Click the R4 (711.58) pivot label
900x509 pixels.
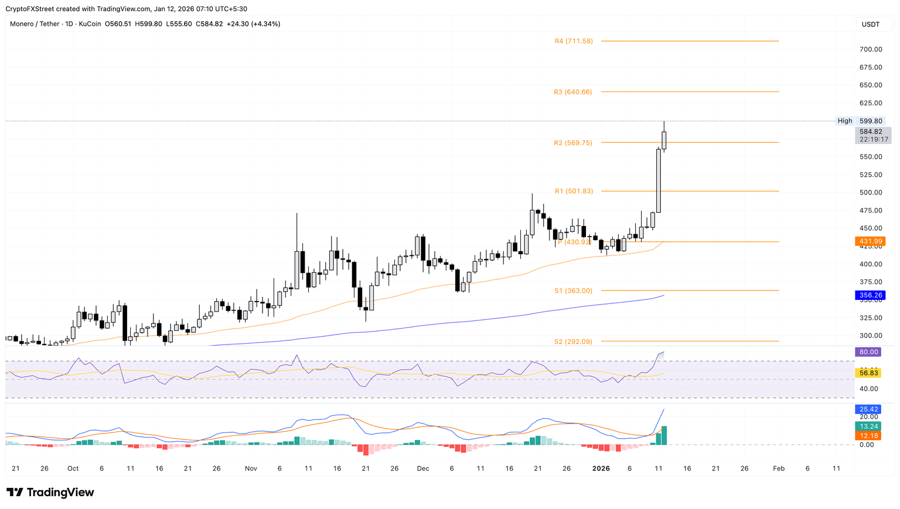pyautogui.click(x=574, y=41)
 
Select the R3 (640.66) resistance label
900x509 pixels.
pyautogui.click(x=572, y=92)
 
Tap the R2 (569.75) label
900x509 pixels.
pyautogui.click(x=572, y=143)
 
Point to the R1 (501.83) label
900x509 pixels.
pyautogui.click(x=574, y=192)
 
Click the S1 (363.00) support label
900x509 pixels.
pyautogui.click(x=573, y=291)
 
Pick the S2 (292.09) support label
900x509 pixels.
pyautogui.click(x=573, y=341)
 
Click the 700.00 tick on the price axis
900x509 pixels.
pyautogui.click(x=871, y=49)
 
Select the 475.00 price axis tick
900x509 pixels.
pyautogui.click(x=871, y=210)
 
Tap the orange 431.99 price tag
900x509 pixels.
pyautogui.click(x=870, y=241)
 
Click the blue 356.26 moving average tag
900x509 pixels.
pyautogui.click(x=870, y=295)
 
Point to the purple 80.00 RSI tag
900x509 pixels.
pyautogui.click(x=868, y=352)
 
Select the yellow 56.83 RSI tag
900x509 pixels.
pyautogui.click(x=868, y=373)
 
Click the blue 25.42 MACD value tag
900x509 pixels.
pyautogui.click(x=868, y=409)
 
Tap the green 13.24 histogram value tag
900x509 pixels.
pyautogui.click(x=868, y=426)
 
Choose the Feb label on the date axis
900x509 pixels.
pyautogui.click(x=779, y=469)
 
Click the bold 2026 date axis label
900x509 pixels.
pyautogui.click(x=601, y=469)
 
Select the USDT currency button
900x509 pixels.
pyautogui.click(x=871, y=24)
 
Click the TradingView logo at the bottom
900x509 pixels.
pyautogui.click(x=50, y=493)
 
